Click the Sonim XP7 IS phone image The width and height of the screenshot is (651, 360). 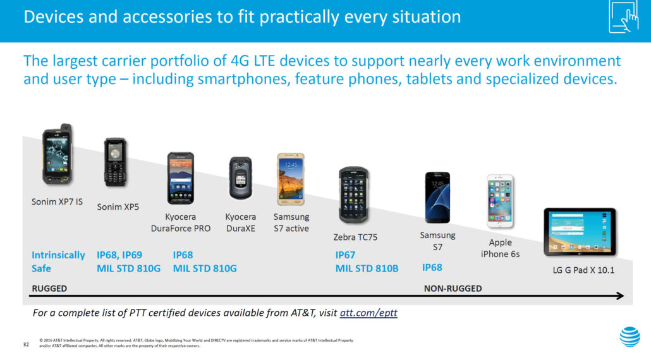pos(58,154)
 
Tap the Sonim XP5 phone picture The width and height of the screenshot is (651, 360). pos(115,162)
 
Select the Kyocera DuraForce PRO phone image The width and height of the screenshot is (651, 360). pos(181,178)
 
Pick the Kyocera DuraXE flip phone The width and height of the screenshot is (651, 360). pos(240,178)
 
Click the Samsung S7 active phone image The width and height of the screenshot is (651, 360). pos(291,179)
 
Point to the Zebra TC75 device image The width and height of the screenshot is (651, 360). pos(354,195)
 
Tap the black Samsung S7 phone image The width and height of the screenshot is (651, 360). pos(437,198)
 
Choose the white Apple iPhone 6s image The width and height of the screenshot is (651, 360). pos(501,201)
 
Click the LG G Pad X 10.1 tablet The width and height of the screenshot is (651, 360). pos(580,232)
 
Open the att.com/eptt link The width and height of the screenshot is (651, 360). pos(368,313)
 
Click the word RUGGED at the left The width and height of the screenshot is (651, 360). pos(49,289)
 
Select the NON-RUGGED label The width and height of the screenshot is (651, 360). pos(453,289)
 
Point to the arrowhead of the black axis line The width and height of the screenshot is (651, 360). pos(620,296)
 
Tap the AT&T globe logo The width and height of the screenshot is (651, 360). pos(630,337)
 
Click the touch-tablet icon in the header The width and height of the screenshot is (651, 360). pos(624,16)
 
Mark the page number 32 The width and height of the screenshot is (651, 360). pos(26,344)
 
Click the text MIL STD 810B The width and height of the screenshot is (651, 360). pos(367,269)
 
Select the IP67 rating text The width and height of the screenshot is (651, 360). pos(345,255)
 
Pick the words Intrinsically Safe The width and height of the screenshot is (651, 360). pos(58,261)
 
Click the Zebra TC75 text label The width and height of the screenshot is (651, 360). pos(355,237)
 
